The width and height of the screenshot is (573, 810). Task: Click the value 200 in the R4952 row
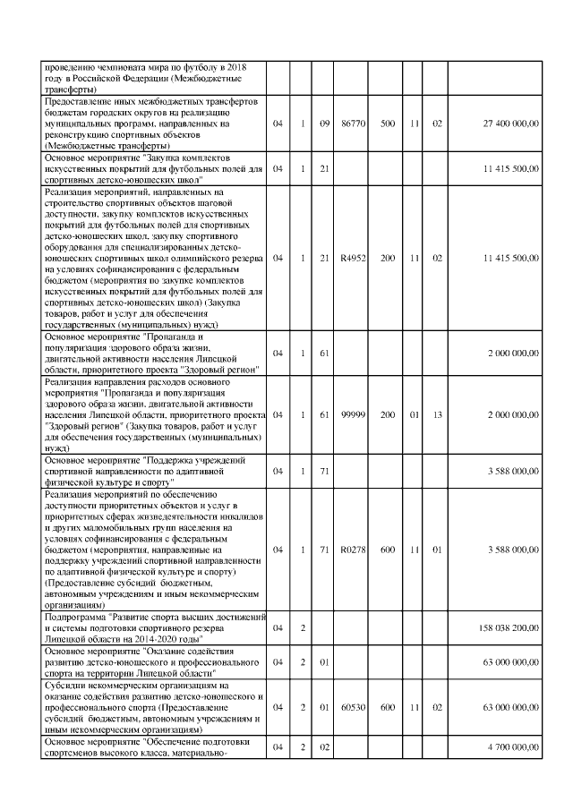pyautogui.click(x=387, y=258)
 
